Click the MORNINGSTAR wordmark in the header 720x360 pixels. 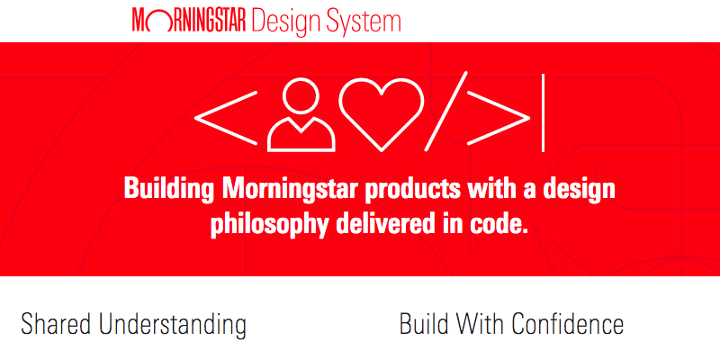[190, 21]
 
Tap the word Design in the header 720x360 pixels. [285, 22]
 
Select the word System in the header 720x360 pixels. [363, 22]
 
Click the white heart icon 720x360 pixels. [381, 115]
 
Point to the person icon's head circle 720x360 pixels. [301, 96]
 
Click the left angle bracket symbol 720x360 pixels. [226, 118]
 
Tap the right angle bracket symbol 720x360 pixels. [499, 118]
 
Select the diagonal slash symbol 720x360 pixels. [446, 111]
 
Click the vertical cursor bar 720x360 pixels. [544, 112]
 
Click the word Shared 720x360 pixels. [58, 324]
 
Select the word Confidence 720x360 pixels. [567, 324]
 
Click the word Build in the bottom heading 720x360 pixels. [421, 324]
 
